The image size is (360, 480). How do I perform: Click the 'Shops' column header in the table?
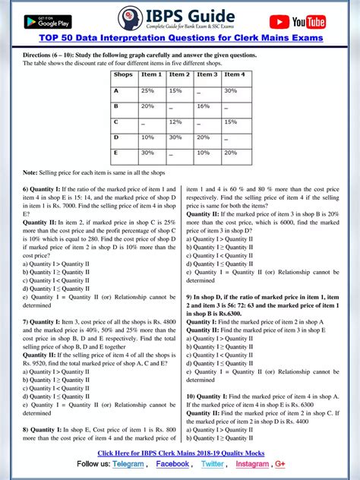pos(122,74)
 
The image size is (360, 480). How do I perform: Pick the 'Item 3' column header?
pos(207,74)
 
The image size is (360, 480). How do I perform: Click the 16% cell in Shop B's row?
pos(205,106)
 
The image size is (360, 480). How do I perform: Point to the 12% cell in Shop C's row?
pos(176,122)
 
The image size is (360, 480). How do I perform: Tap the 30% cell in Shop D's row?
pos(176,137)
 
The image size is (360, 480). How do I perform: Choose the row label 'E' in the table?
pos(116,153)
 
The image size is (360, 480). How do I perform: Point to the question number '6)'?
pos(27,188)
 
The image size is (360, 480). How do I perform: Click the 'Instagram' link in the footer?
pos(252,463)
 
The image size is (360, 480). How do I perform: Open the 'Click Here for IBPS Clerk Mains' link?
pos(179,452)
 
